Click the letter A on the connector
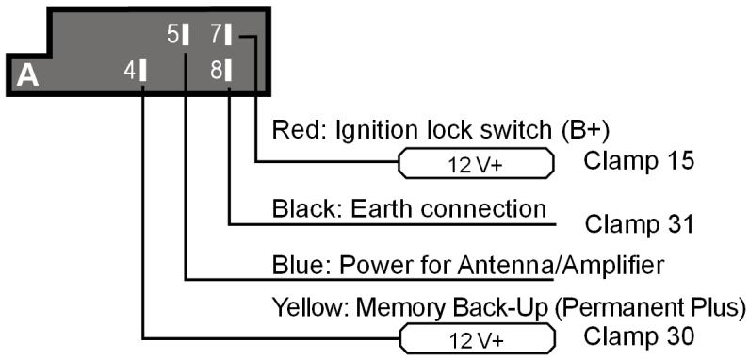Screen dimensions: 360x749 click(x=28, y=75)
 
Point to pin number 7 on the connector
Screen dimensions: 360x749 click(x=220, y=35)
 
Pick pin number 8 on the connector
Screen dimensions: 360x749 click(x=220, y=70)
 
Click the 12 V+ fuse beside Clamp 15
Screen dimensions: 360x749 click(x=476, y=164)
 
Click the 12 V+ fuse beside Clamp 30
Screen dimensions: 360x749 click(x=476, y=337)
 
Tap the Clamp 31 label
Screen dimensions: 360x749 click(x=639, y=224)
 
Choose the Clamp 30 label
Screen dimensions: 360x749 click(x=639, y=335)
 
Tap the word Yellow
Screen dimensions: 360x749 click(x=302, y=306)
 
